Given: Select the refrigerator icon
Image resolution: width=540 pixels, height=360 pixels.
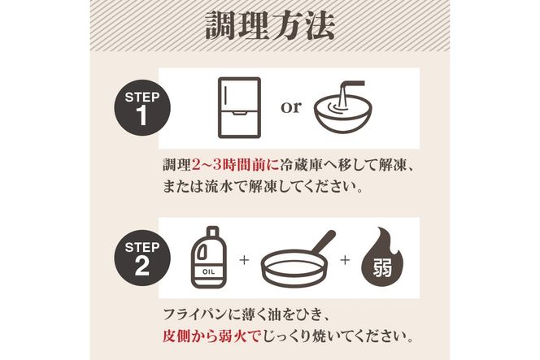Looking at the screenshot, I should coord(240,106).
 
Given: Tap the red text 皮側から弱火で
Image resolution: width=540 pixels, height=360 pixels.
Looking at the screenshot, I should coord(214,335).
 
